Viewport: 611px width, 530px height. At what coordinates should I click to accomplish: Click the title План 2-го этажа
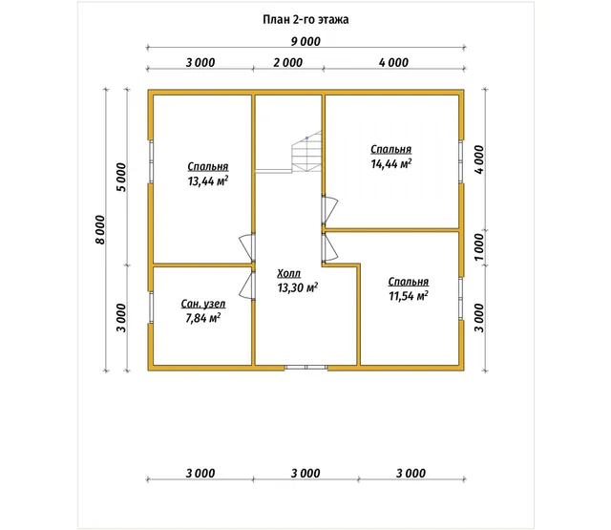[305, 19]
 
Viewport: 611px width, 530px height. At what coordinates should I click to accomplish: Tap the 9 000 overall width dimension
[305, 41]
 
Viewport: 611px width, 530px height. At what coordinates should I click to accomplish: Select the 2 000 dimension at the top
[287, 62]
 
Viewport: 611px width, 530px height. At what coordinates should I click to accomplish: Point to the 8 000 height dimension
[100, 230]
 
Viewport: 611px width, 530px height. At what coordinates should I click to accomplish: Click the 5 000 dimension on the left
[121, 178]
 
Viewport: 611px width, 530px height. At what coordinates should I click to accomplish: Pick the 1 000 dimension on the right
[479, 247]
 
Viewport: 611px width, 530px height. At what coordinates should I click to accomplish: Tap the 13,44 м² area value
[208, 181]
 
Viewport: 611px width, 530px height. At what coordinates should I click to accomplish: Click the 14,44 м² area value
[390, 163]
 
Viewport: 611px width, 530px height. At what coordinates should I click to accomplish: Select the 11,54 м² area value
[409, 296]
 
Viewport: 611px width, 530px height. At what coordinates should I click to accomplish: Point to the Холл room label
[288, 273]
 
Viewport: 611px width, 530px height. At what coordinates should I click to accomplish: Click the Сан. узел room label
[203, 304]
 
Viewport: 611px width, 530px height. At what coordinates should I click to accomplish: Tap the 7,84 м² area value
[202, 318]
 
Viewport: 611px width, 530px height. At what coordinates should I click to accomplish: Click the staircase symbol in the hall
[306, 152]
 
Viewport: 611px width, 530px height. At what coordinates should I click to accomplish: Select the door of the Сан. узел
[247, 286]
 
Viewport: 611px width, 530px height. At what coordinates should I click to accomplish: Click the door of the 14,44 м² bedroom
[329, 210]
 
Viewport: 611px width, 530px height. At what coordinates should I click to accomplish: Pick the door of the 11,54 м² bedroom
[329, 247]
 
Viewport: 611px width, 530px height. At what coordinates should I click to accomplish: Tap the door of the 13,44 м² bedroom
[247, 247]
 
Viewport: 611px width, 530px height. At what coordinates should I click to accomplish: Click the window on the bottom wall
[305, 367]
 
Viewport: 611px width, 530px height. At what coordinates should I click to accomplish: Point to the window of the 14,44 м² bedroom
[461, 161]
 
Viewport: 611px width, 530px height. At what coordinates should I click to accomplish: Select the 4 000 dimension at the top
[393, 62]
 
